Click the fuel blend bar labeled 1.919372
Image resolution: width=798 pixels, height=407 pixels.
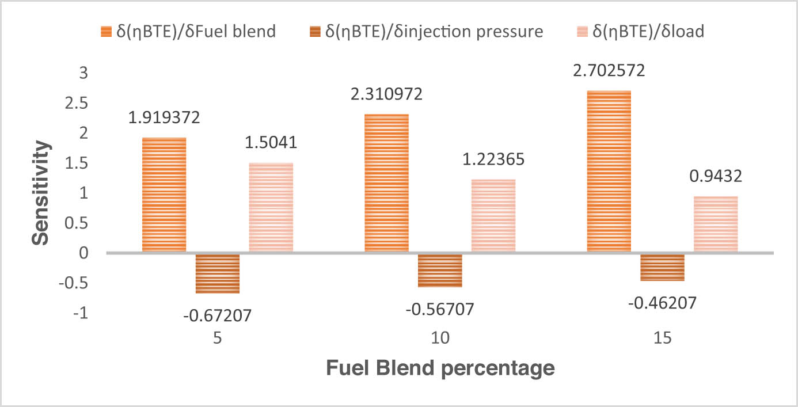coord(164,195)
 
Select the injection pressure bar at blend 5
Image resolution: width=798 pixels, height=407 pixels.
coord(218,273)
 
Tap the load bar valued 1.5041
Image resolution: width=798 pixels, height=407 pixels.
coord(271,208)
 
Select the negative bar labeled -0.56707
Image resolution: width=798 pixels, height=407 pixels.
coord(440,270)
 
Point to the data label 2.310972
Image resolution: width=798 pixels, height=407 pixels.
coord(387,93)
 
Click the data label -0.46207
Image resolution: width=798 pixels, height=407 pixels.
coord(663,303)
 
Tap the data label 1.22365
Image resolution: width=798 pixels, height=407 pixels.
coord(493,159)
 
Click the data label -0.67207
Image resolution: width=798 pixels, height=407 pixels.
coord(218,315)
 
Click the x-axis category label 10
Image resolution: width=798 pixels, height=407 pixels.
coord(440,338)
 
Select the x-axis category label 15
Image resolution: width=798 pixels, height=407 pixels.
coord(663,338)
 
